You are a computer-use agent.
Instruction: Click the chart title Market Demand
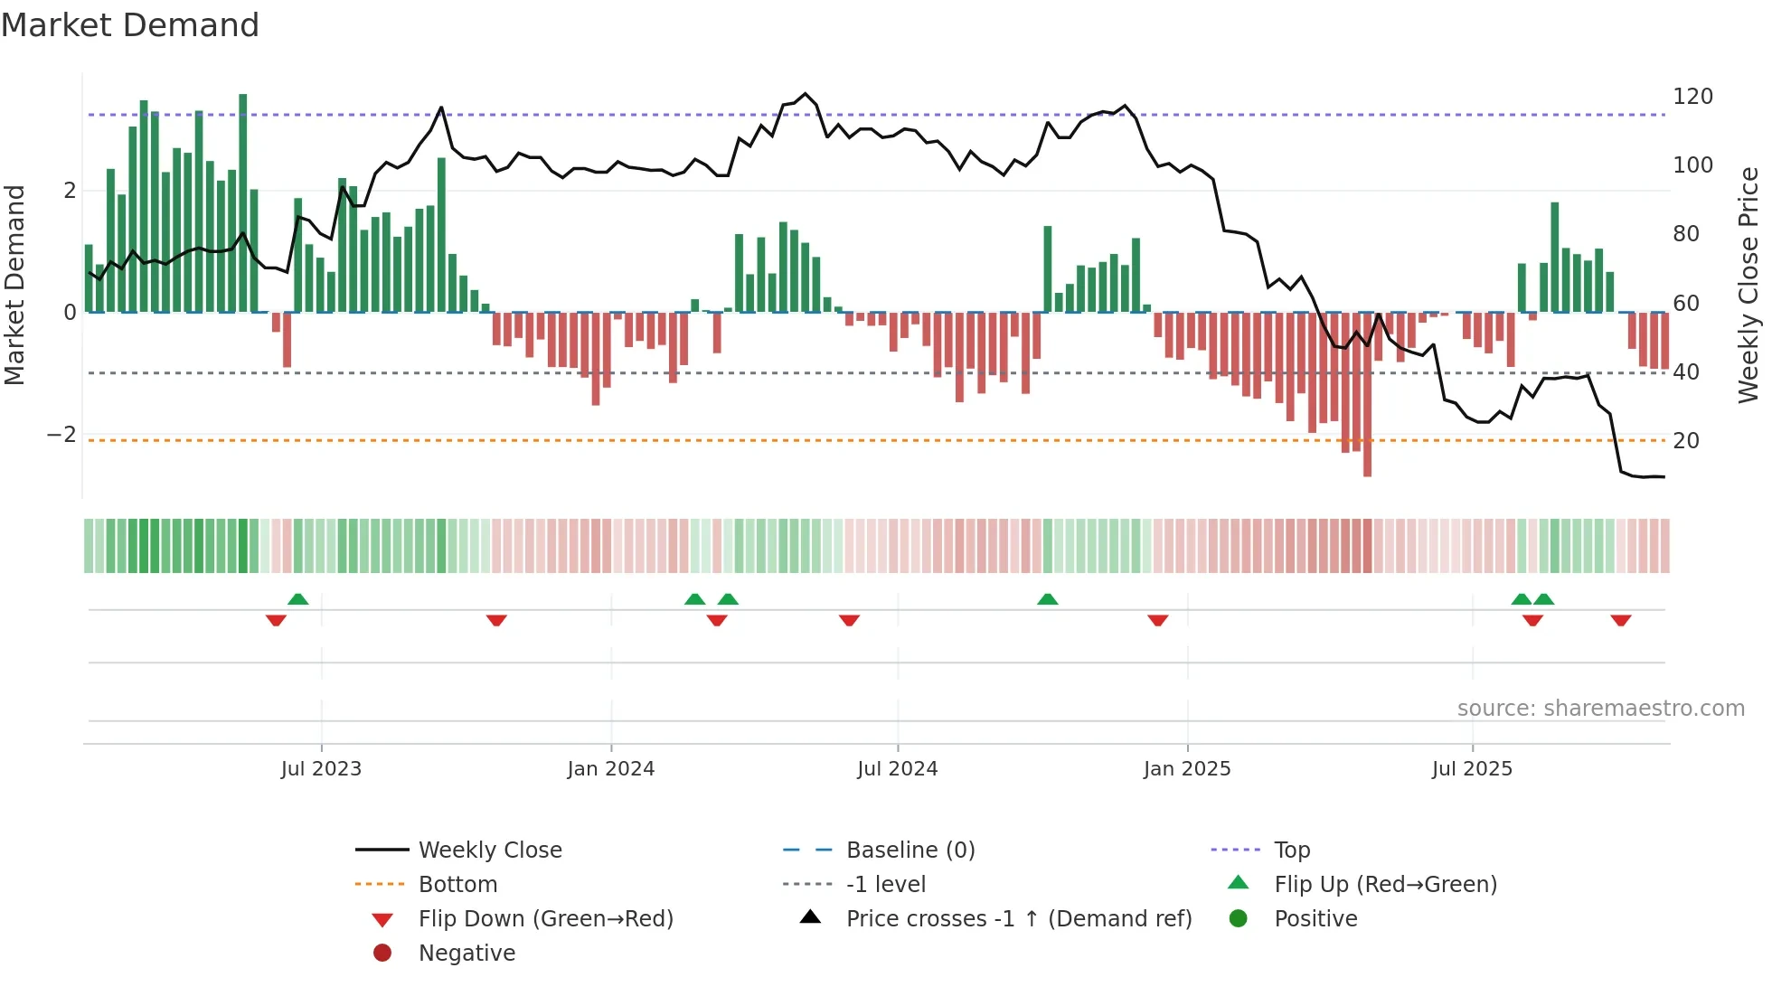point(130,25)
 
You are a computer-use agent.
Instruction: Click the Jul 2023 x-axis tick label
point(321,769)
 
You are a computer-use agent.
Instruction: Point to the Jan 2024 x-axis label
point(610,769)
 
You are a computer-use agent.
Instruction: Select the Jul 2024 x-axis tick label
point(897,769)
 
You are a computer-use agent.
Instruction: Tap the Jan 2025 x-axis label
point(1186,769)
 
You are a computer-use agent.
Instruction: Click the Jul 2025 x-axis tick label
point(1472,769)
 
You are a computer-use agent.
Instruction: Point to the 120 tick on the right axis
point(1692,97)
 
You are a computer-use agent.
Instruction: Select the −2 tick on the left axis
point(61,435)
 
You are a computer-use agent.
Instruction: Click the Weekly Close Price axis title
point(1748,285)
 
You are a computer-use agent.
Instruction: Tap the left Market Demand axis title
point(14,285)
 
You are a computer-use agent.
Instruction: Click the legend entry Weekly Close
point(489,850)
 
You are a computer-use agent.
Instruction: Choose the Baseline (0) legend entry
point(910,850)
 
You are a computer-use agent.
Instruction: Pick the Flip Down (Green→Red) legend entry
point(545,919)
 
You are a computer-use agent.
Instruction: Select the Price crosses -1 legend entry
point(1018,919)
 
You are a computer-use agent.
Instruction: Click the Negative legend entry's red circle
point(382,954)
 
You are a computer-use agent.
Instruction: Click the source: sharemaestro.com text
point(1600,709)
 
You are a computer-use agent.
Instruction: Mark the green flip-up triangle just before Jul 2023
point(297,599)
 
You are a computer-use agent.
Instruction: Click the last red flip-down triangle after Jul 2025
point(1620,620)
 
